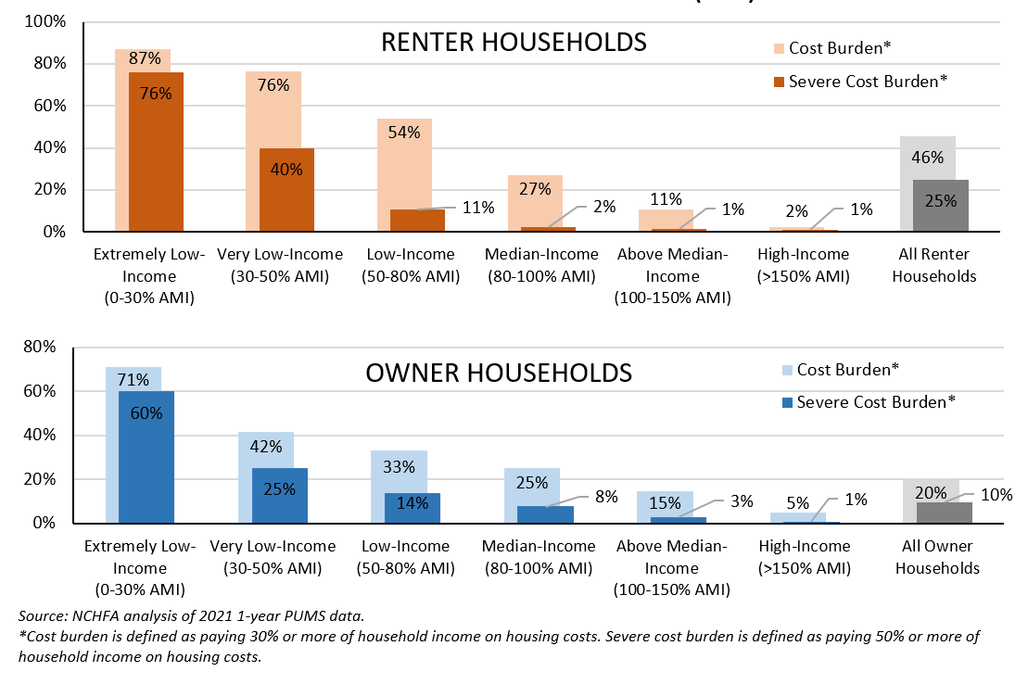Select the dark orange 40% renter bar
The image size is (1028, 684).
(x=286, y=190)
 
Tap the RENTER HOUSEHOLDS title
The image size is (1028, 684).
(x=514, y=43)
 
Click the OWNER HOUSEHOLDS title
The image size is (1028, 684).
(x=499, y=374)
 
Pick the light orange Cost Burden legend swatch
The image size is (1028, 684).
(x=775, y=48)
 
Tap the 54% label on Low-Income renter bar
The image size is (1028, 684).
(x=404, y=133)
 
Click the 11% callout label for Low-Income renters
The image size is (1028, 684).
(x=477, y=208)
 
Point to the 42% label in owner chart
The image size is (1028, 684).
(x=266, y=446)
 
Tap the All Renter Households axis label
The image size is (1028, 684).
(x=940, y=265)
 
